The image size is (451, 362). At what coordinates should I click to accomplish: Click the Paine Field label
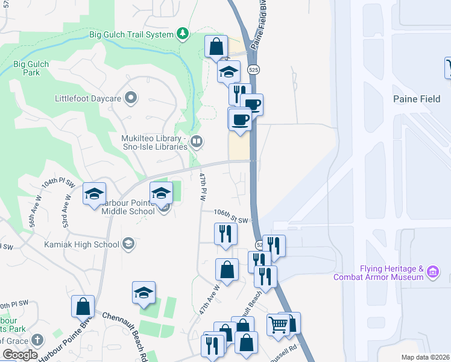pos(417,99)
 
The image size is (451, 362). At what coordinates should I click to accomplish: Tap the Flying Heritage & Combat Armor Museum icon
pos(432,272)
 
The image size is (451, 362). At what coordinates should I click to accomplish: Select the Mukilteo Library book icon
pos(197,142)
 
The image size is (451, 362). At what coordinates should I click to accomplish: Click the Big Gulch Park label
pos(27,68)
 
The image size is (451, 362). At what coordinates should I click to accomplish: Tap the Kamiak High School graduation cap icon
pos(128,244)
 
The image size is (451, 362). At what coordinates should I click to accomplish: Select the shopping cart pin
pos(278,324)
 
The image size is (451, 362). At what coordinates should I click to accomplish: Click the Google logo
pos(20,355)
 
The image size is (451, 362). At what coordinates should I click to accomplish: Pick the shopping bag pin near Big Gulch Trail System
pos(216,46)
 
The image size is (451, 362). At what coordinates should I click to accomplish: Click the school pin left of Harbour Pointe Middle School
pos(94,194)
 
